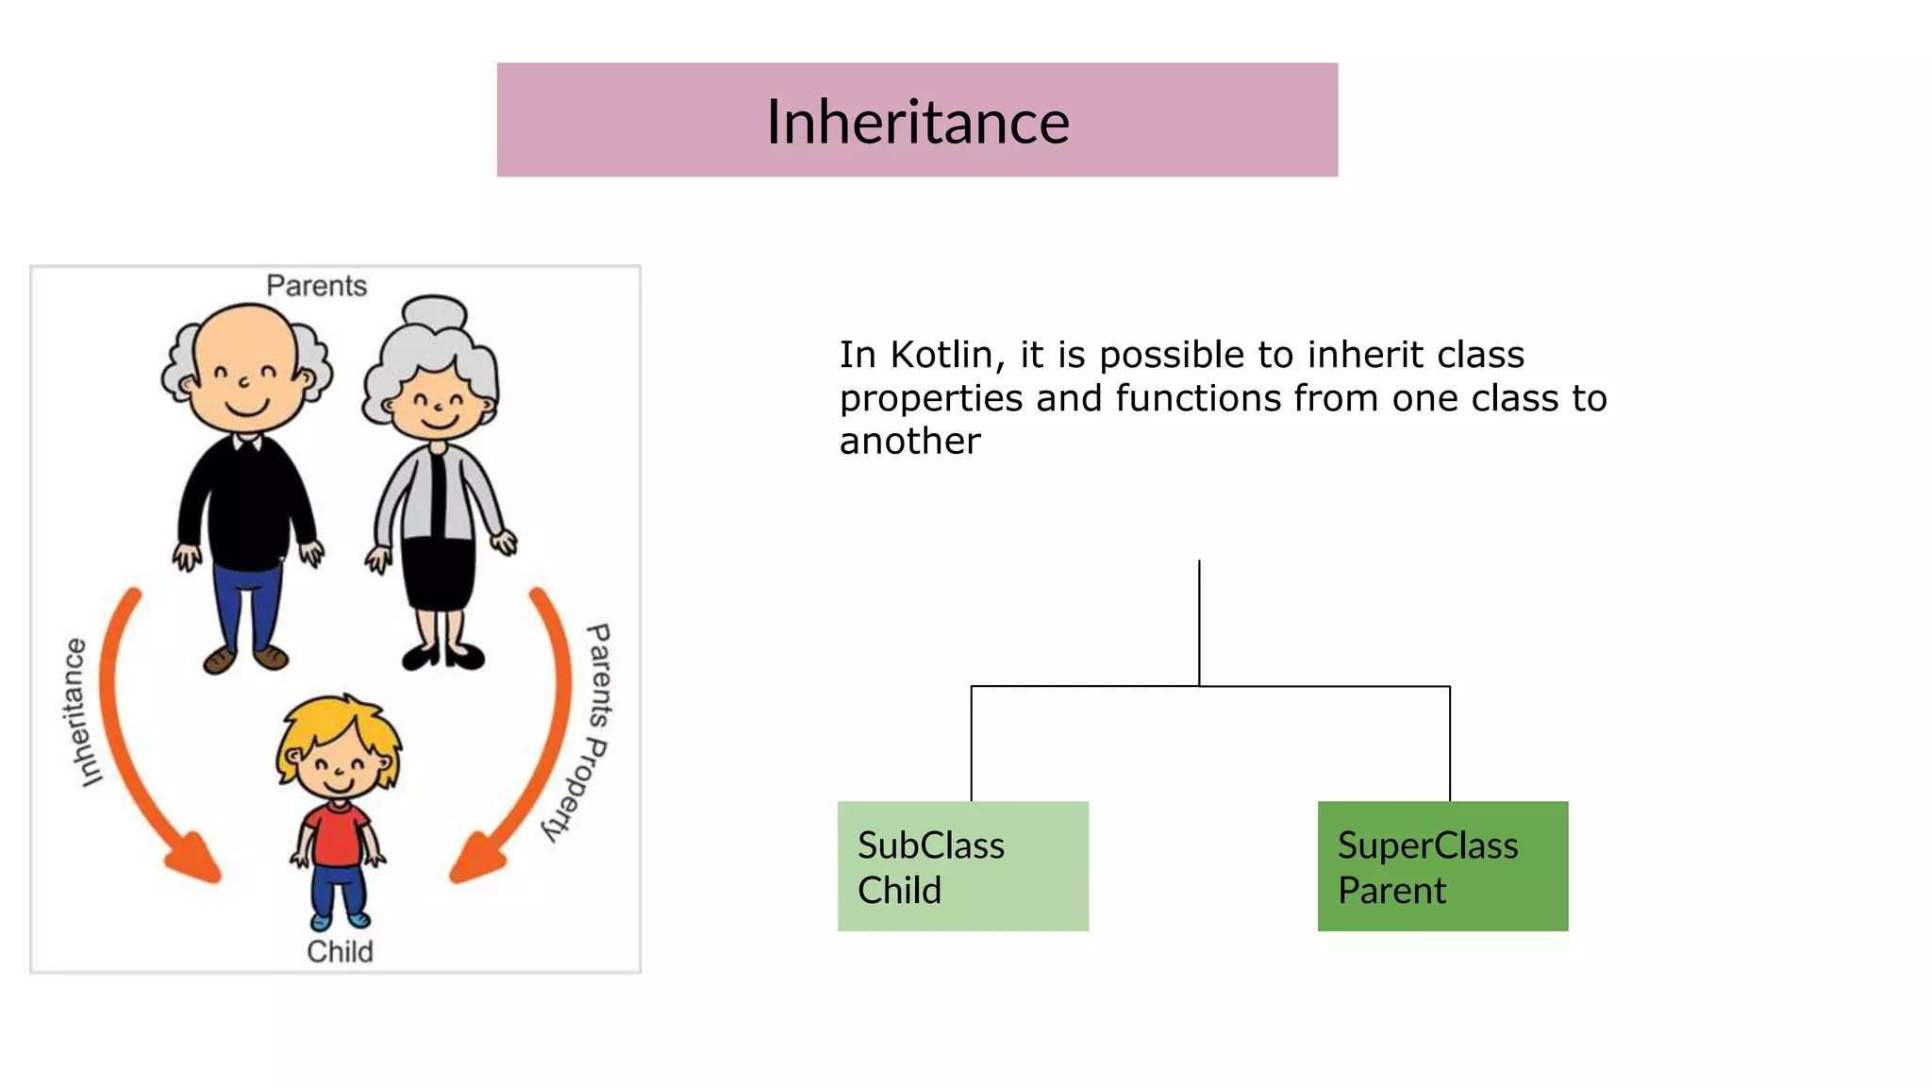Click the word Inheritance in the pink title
(x=917, y=123)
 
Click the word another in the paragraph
(x=909, y=442)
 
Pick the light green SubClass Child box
(x=962, y=866)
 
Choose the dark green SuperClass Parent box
(x=1442, y=866)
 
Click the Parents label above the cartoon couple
(x=316, y=286)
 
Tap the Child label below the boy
(x=340, y=951)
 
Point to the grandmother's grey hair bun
(x=434, y=312)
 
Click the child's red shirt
(x=337, y=834)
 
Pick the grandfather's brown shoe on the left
(x=220, y=660)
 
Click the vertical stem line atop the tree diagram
(x=1199, y=623)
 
